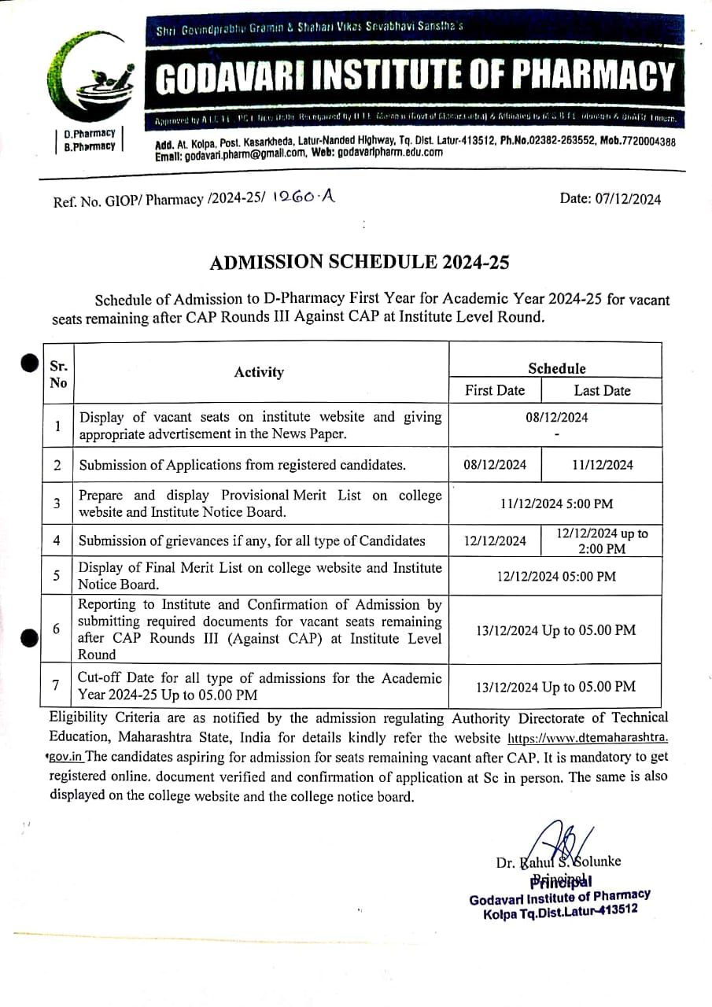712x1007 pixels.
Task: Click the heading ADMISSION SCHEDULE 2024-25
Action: click(359, 263)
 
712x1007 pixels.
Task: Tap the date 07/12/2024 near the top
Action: click(611, 199)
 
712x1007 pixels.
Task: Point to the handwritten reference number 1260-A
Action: click(303, 199)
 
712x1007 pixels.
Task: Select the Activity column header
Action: click(259, 372)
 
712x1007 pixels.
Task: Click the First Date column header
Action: click(495, 390)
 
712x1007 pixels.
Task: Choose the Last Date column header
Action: click(602, 390)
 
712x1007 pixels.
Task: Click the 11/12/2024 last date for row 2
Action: click(602, 465)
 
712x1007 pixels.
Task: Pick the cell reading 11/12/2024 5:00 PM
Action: click(556, 503)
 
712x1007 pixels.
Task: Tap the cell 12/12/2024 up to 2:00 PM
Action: click(602, 540)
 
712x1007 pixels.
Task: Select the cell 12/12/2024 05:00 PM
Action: click(556, 576)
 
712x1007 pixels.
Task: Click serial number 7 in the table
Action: click(57, 685)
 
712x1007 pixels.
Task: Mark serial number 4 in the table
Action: click(57, 540)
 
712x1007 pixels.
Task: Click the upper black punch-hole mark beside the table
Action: click(29, 363)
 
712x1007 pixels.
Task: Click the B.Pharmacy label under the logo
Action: click(89, 146)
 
